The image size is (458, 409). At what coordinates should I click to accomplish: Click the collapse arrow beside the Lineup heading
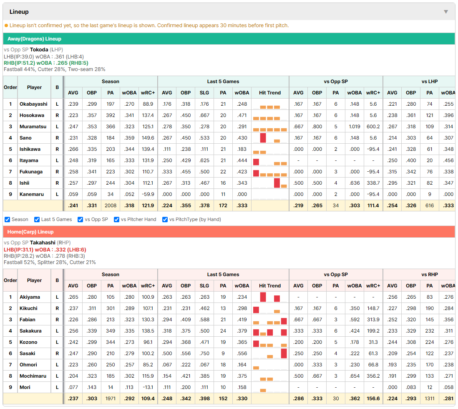pos(446,12)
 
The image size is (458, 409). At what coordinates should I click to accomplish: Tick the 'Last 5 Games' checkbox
pos(37,219)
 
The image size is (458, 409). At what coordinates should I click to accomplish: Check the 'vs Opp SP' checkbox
pos(81,219)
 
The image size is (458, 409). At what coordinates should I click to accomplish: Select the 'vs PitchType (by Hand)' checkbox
pos(165,219)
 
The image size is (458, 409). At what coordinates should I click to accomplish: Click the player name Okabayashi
pos(33,104)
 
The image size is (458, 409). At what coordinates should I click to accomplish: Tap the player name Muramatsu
pos(33,127)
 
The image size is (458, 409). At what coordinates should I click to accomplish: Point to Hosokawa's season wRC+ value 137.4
pos(148,115)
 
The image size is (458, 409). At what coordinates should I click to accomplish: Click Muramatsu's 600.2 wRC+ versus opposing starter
pos(373,127)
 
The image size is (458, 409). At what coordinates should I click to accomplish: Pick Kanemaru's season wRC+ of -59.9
pos(148,194)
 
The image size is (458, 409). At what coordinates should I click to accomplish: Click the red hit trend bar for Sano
pos(263,138)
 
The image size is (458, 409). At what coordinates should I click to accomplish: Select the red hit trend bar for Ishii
pos(277,183)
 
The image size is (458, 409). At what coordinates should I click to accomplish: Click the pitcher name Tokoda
pos(39,50)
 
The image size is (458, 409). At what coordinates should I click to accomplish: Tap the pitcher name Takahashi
pos(43,243)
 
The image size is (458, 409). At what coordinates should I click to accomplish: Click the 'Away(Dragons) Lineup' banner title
pos(34,39)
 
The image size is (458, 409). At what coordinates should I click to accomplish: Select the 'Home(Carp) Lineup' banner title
pos(30,232)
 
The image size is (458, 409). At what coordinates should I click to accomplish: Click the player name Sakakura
pos(30,331)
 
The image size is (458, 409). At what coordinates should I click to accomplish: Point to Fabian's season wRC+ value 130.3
pos(148,320)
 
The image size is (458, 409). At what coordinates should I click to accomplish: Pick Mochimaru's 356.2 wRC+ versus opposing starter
pos(373,376)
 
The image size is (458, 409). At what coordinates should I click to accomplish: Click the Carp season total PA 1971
pos(111,399)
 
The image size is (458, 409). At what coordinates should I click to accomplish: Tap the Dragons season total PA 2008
pos(111,206)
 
